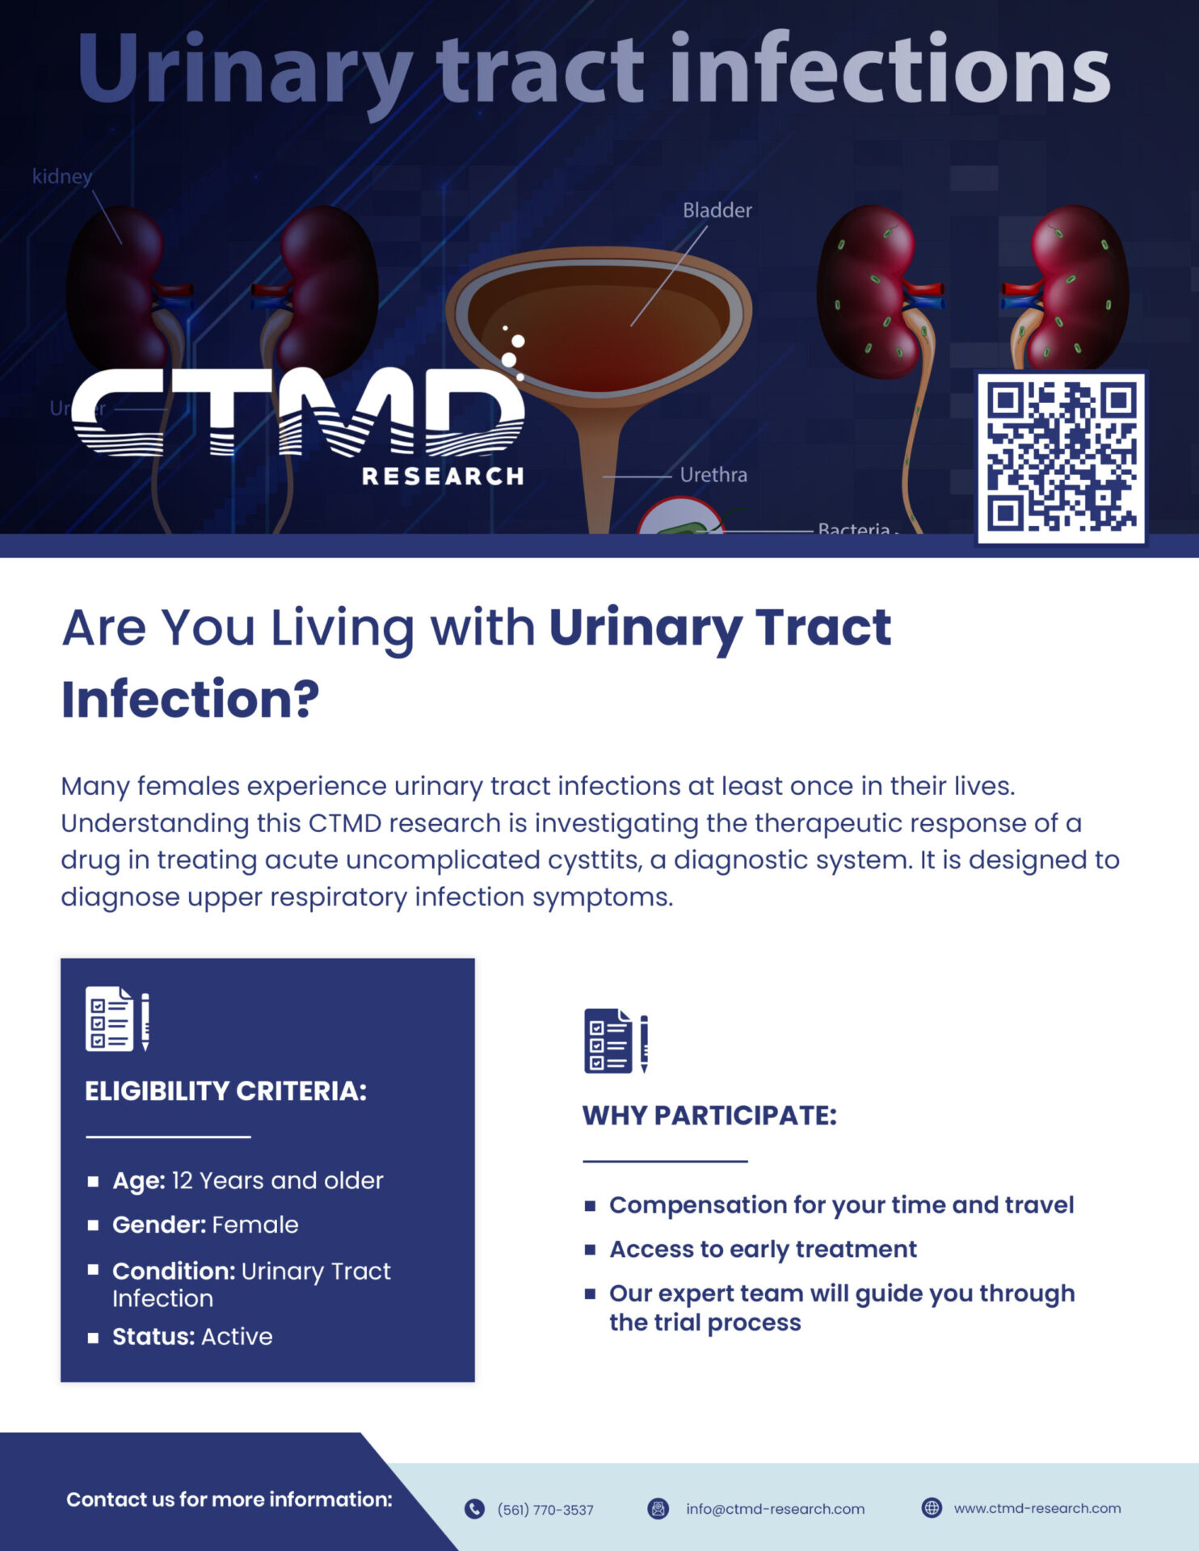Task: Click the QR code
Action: tap(1061, 458)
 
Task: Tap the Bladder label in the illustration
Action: tap(717, 210)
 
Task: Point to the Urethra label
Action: tap(713, 474)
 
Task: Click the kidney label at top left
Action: tap(62, 176)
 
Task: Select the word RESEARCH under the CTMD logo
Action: tap(443, 477)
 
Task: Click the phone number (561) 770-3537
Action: tap(545, 1510)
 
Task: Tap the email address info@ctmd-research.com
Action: tap(775, 1509)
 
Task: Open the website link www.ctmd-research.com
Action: tap(1037, 1508)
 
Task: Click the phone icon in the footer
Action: tap(474, 1509)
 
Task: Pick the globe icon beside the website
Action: tap(932, 1508)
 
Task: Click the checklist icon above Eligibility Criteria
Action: tap(117, 1019)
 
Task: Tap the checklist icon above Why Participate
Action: tap(616, 1041)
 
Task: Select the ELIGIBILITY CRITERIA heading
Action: tap(225, 1091)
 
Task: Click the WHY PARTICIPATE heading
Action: tap(709, 1116)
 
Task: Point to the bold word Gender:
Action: tap(159, 1225)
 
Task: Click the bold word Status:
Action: tap(154, 1337)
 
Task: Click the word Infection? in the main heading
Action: tap(191, 699)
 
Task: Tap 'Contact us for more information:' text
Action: tap(229, 1500)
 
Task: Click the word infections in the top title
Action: tap(890, 69)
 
